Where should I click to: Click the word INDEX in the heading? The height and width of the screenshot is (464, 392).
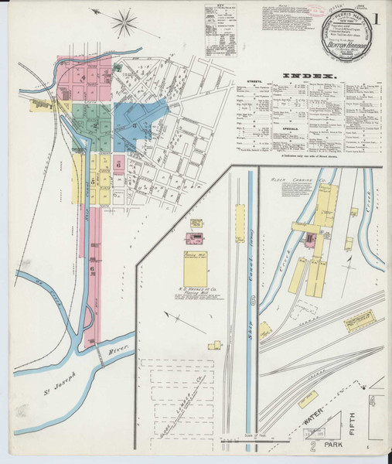(307, 75)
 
